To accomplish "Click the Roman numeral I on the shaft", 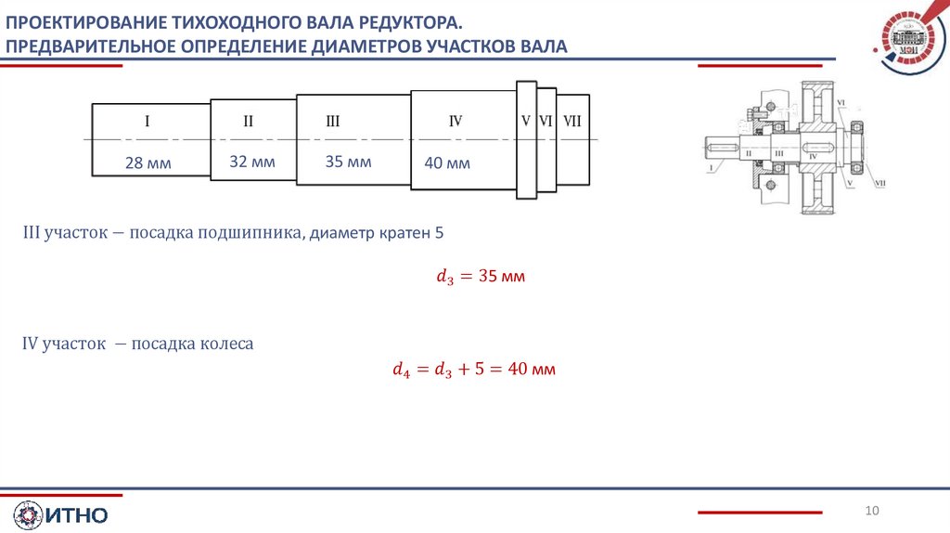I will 148,121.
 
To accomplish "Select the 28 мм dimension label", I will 148,164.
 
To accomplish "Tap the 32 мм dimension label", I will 252,162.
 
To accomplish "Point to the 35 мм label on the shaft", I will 348,162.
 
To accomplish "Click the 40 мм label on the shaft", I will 447,163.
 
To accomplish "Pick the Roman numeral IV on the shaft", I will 456,121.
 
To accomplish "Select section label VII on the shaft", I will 572,121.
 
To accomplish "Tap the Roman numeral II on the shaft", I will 249,121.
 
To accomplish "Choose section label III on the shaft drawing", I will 333,121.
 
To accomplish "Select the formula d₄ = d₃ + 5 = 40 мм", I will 473,370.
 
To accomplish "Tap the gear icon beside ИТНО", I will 27,515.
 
